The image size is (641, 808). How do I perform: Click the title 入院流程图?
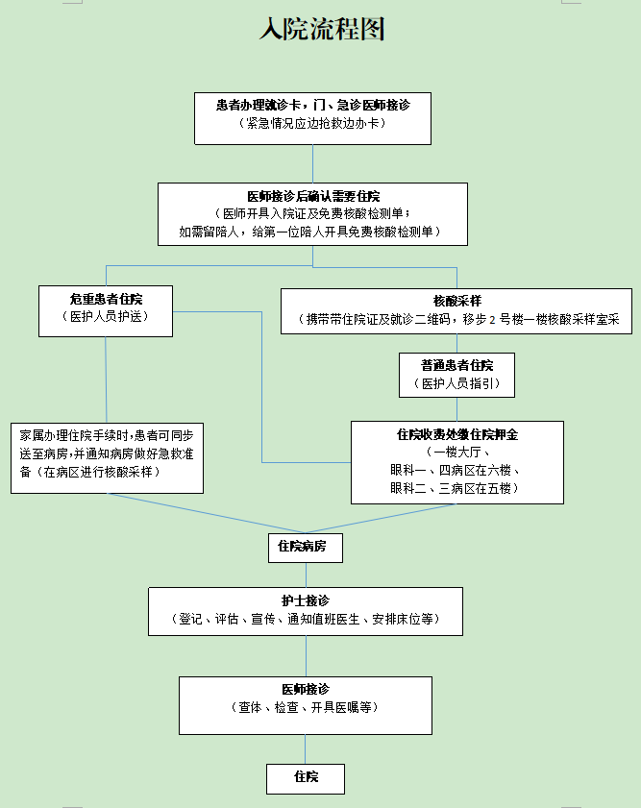tap(322, 29)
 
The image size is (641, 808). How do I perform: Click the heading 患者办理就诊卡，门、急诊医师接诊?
tap(312, 105)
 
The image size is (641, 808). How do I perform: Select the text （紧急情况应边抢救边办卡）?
tap(312, 123)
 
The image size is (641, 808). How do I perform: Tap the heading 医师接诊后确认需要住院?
tap(313, 196)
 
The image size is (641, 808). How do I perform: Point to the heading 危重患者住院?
tap(106, 299)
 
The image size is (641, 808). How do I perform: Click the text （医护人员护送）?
tap(106, 316)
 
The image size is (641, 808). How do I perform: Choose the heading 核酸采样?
tap(457, 301)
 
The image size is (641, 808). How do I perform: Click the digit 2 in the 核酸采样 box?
tap(492, 320)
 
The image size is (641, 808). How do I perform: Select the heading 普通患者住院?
tap(457, 365)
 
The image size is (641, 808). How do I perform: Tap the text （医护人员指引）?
tap(457, 383)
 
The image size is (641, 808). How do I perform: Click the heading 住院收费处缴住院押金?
tap(457, 435)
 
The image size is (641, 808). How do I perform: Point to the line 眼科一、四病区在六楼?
tap(455, 470)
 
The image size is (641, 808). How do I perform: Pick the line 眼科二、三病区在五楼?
tap(455, 488)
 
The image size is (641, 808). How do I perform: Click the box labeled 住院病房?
tap(306, 548)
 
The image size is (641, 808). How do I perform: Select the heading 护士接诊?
tap(306, 600)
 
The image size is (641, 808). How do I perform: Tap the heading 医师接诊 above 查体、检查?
tap(306, 690)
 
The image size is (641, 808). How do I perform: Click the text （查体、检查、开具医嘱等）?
tap(306, 707)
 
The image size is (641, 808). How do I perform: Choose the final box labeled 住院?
tap(306, 779)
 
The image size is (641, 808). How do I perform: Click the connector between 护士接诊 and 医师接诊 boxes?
tap(306, 656)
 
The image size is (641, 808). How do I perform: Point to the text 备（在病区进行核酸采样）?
tap(90, 472)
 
